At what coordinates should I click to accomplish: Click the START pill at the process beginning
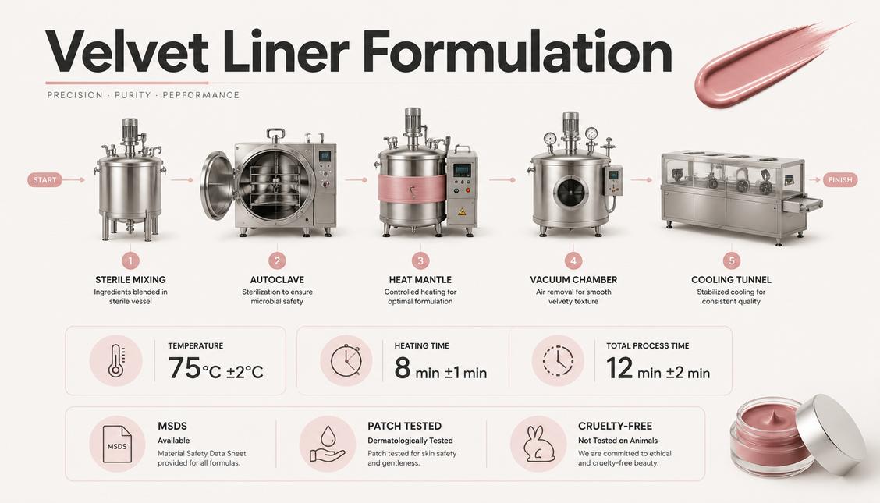click(x=44, y=180)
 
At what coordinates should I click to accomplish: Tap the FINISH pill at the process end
click(x=840, y=180)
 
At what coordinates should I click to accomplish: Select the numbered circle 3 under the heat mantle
click(x=420, y=260)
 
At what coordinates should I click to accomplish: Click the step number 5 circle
click(x=731, y=260)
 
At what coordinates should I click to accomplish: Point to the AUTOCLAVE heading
click(x=277, y=279)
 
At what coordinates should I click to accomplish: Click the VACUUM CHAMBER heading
click(x=573, y=279)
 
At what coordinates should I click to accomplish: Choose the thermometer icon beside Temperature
click(x=117, y=360)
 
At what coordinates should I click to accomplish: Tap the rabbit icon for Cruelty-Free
click(x=539, y=444)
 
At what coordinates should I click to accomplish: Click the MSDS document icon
click(x=117, y=444)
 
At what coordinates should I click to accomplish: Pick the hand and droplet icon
click(x=327, y=444)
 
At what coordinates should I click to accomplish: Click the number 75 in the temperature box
click(x=184, y=368)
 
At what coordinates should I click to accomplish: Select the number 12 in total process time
click(x=619, y=368)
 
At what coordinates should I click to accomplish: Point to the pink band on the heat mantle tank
click(x=412, y=188)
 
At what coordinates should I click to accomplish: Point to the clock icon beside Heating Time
click(x=346, y=360)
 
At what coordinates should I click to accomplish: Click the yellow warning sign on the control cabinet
click(x=462, y=212)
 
